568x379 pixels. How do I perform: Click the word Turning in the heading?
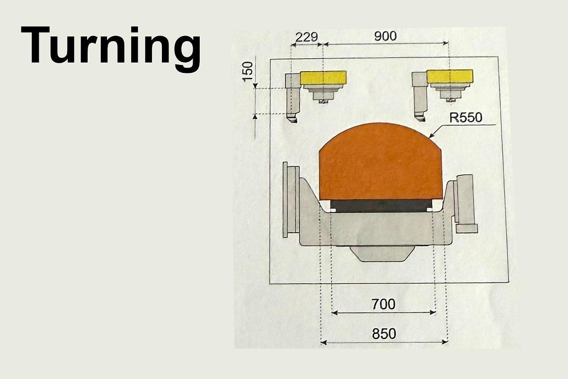(110, 46)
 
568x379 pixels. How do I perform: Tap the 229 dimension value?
(306, 37)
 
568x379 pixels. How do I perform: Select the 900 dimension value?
(385, 36)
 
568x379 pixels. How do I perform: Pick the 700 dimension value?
(383, 304)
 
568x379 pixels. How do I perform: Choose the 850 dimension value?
(383, 334)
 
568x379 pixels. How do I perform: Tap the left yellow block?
(323, 77)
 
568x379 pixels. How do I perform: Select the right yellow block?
(450, 76)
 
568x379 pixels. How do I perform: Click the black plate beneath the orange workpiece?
(381, 205)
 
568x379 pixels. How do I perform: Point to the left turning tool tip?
(292, 119)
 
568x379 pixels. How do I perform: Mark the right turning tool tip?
(418, 116)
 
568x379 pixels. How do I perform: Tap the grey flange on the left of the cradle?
(290, 199)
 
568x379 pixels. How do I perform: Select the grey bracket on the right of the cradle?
(465, 204)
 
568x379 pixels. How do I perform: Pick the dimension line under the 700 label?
(383, 313)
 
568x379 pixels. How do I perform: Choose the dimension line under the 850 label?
(383, 342)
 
